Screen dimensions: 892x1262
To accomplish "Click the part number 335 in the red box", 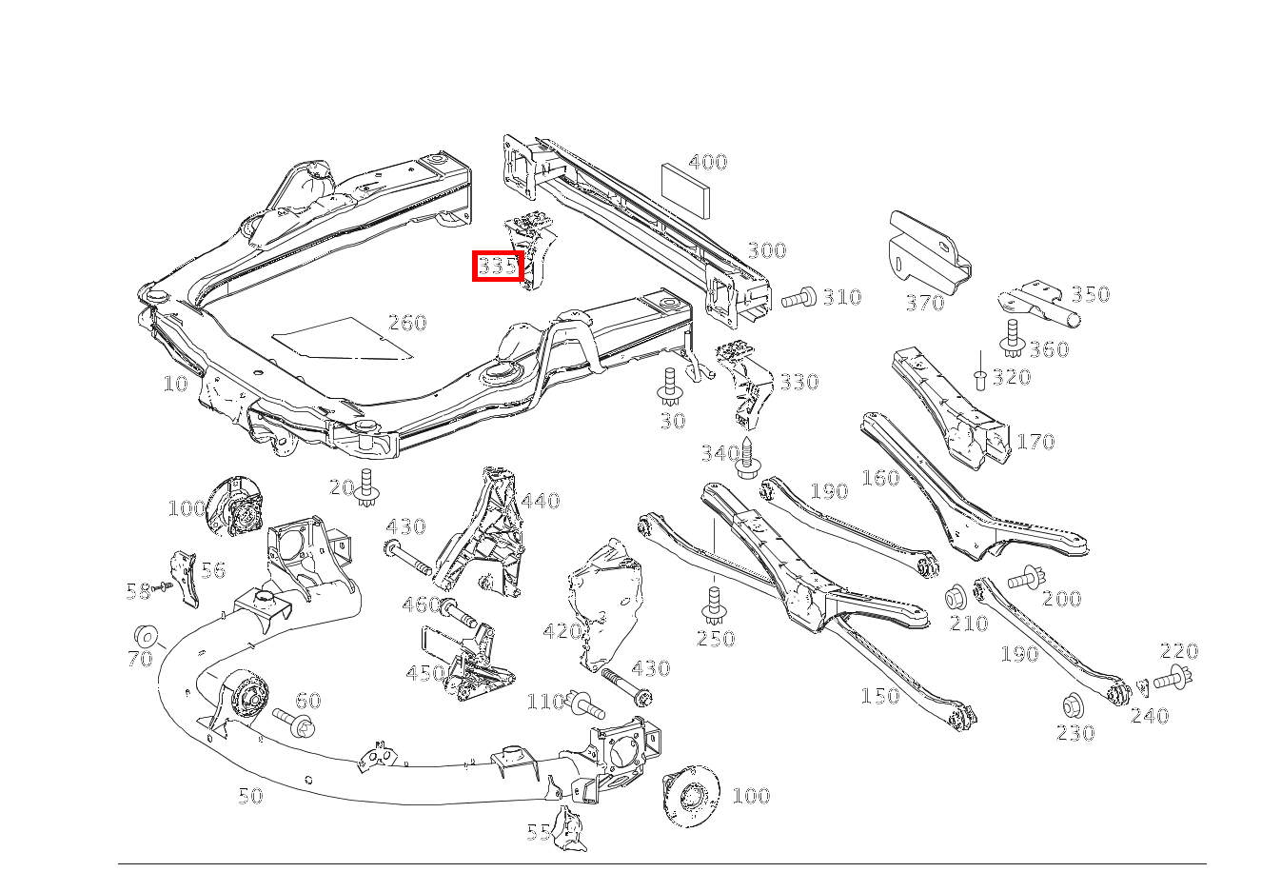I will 498,266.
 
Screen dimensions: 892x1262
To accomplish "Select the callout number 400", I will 707,162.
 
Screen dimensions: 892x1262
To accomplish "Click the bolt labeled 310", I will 799,298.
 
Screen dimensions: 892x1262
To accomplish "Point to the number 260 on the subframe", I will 407,323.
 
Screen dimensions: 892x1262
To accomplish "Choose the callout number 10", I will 175,384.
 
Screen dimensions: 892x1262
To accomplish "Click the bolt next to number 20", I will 367,489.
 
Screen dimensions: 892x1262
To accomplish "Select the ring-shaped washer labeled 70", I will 147,635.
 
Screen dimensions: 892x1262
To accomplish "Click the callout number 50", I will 249,796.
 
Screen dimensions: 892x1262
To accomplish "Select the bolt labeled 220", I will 1173,678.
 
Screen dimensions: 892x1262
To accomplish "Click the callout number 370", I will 924,303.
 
